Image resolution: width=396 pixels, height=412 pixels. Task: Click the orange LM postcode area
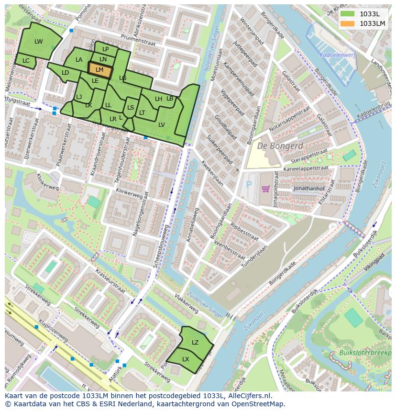pyautogui.click(x=99, y=70)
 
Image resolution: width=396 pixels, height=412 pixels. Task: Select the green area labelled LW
pyautogui.click(x=38, y=42)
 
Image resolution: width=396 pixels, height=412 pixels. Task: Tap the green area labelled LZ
pyautogui.click(x=195, y=342)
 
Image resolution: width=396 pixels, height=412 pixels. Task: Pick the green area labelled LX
pyautogui.click(x=186, y=359)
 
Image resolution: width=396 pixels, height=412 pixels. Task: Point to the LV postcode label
pyautogui.click(x=162, y=124)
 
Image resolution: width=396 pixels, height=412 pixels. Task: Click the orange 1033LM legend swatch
pyautogui.click(x=348, y=23)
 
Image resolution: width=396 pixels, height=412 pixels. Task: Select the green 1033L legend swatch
pyautogui.click(x=348, y=14)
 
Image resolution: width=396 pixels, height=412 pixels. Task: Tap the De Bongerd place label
pyautogui.click(x=280, y=146)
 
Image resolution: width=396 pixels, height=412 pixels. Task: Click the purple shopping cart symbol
pyautogui.click(x=265, y=189)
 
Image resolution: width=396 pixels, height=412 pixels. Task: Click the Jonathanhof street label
pyautogui.click(x=309, y=189)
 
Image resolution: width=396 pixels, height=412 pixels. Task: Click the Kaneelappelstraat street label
pyautogui.click(x=306, y=168)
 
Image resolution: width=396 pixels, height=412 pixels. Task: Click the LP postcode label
pyautogui.click(x=106, y=49)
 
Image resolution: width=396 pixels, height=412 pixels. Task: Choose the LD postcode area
pyautogui.click(x=66, y=73)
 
